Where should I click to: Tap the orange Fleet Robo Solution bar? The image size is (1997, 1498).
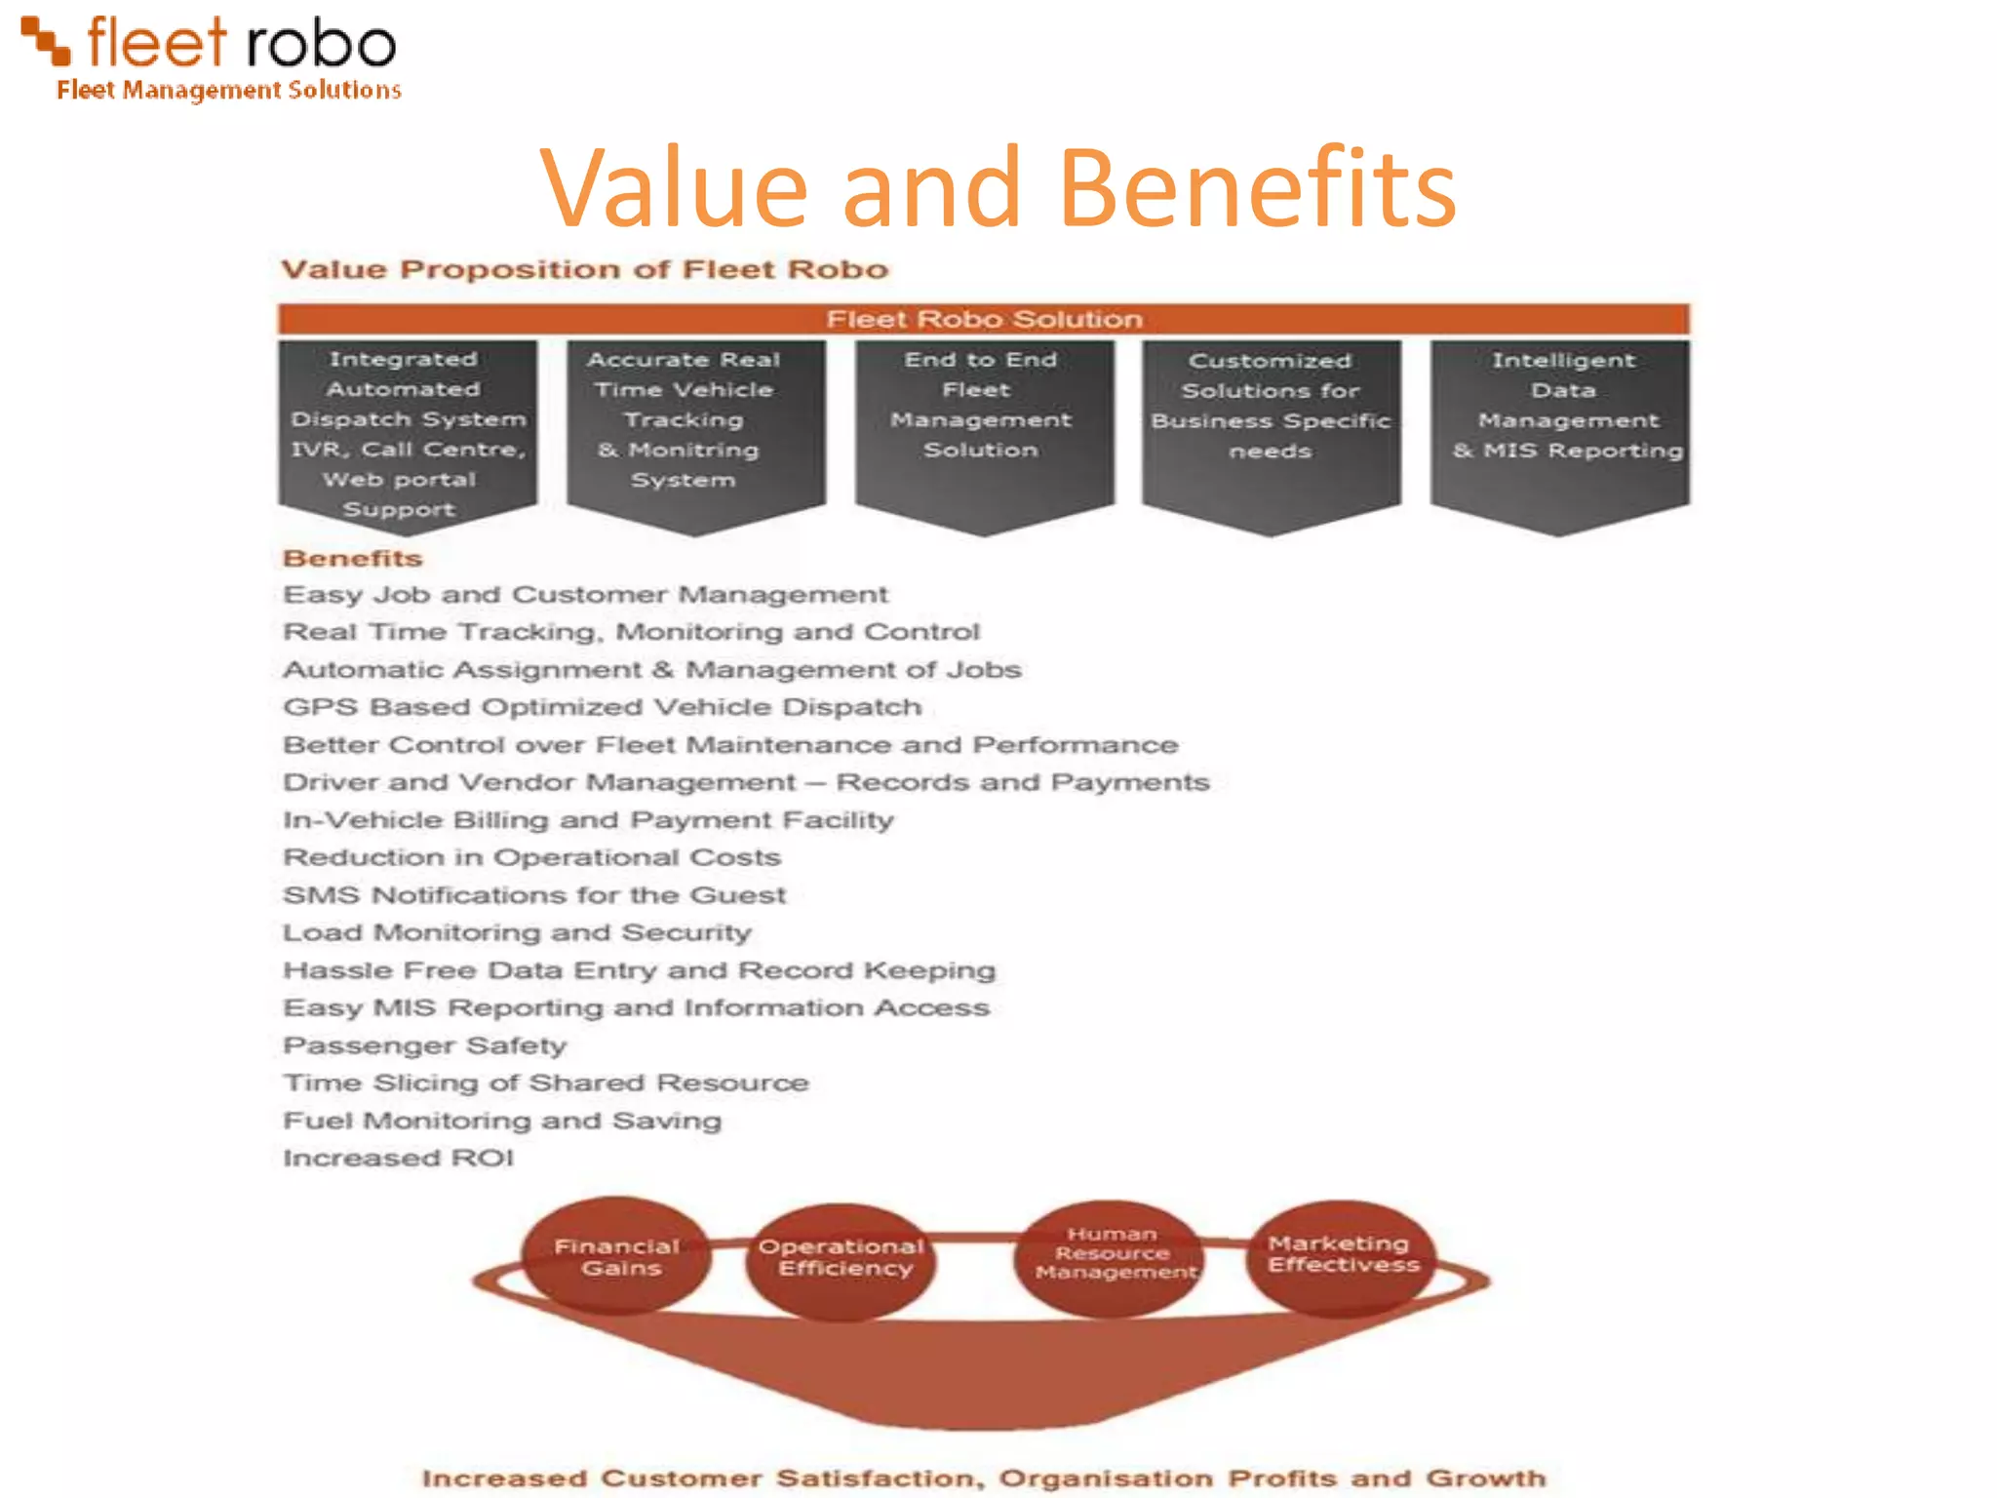tap(983, 319)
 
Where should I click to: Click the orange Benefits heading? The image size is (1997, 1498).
tap(352, 558)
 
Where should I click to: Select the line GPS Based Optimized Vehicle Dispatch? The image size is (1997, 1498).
tap(602, 707)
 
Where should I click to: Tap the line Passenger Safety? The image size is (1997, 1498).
tap(424, 1045)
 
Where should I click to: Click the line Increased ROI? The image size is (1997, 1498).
tap(398, 1158)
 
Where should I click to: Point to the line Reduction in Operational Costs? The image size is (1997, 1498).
tap(531, 857)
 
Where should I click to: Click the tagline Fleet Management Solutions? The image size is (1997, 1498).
tap(228, 90)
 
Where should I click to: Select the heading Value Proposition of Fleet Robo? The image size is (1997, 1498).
tap(584, 269)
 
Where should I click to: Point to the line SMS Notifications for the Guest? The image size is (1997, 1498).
tap(533, 895)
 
